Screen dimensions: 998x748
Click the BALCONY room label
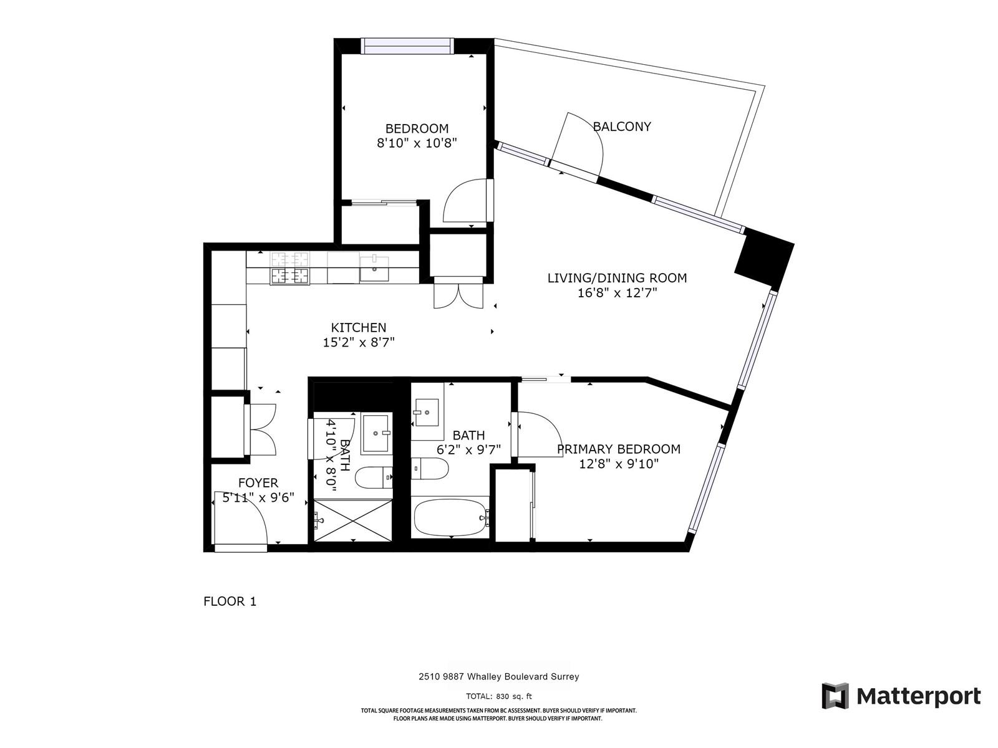pyautogui.click(x=621, y=127)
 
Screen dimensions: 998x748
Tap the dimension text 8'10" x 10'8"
pyautogui.click(x=417, y=143)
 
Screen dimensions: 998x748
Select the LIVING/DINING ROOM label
pyautogui.click(x=617, y=278)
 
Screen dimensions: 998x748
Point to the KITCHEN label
pyautogui.click(x=358, y=327)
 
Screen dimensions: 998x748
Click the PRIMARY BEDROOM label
pyautogui.click(x=619, y=449)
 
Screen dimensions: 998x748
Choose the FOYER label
pyautogui.click(x=258, y=482)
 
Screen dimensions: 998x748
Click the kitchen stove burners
pyautogui.click(x=289, y=269)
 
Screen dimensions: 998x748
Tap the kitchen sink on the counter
pyautogui.click(x=374, y=269)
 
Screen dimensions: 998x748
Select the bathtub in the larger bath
pyautogui.click(x=450, y=517)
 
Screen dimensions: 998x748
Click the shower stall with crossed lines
pyautogui.click(x=353, y=520)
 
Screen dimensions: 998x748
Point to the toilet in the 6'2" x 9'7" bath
pyautogui.click(x=430, y=469)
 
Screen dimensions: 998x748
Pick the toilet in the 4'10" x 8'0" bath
pyautogui.click(x=374, y=477)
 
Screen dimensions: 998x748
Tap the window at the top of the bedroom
pyautogui.click(x=407, y=46)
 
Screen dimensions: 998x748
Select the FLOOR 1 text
pyautogui.click(x=230, y=602)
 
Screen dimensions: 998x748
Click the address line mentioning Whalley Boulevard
pyautogui.click(x=499, y=677)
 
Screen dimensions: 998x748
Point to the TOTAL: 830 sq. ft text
pyautogui.click(x=499, y=696)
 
